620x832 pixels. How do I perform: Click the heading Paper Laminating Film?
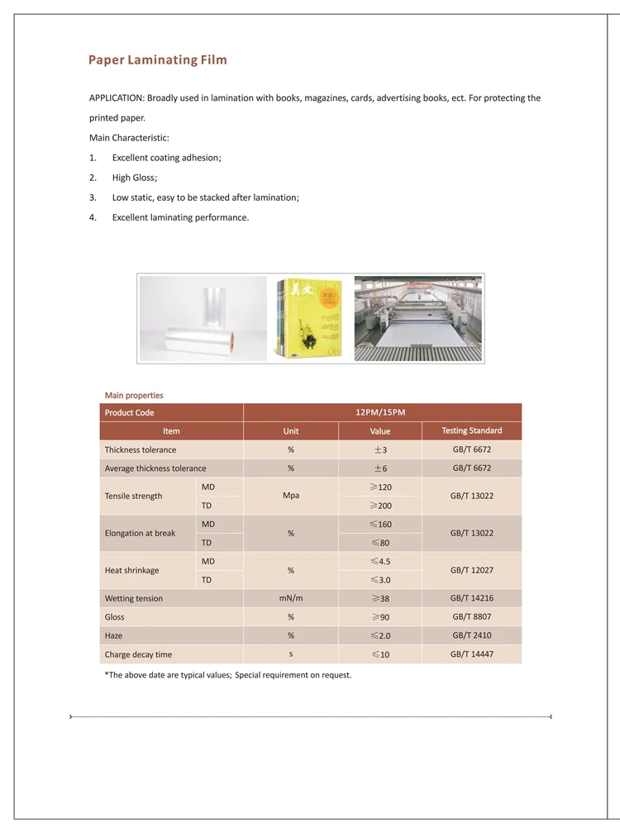(x=158, y=60)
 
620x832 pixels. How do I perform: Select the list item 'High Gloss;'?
(x=135, y=178)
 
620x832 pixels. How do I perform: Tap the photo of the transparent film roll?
(x=203, y=319)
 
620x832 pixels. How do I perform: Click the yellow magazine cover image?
(x=310, y=319)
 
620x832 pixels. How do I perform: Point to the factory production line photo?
(x=418, y=319)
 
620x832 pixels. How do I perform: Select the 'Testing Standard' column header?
(x=471, y=430)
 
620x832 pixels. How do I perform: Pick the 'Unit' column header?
(x=291, y=431)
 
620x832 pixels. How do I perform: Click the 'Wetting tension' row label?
(x=134, y=598)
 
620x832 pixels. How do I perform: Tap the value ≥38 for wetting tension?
(x=380, y=598)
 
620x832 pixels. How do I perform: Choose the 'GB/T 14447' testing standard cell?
(x=471, y=654)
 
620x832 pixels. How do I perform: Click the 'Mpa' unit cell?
(x=291, y=496)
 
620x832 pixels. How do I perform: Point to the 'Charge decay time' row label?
(x=139, y=654)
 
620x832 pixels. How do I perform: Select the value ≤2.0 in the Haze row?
(x=380, y=635)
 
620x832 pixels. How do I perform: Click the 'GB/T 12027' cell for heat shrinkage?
(x=471, y=570)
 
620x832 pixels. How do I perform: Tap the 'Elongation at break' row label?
(x=141, y=533)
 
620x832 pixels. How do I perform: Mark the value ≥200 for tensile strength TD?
(x=380, y=505)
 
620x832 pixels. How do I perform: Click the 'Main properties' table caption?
(x=134, y=395)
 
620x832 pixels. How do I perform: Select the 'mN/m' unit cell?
(x=291, y=597)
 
